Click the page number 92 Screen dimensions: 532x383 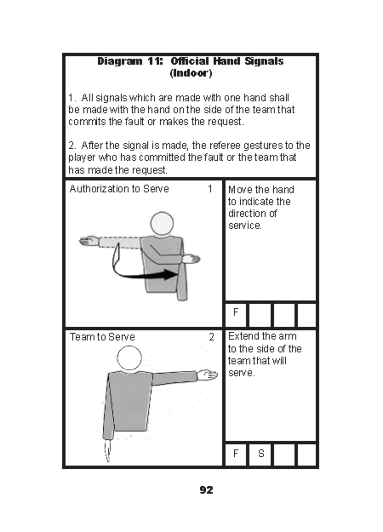206,490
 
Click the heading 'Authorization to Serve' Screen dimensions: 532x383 119,189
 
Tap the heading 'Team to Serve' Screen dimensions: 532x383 102,337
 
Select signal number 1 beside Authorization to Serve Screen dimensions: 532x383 210,189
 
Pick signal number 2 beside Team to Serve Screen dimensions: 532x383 211,337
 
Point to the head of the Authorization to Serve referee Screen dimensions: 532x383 162,223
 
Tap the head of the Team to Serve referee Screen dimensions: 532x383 129,358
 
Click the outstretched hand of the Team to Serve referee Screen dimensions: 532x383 207,375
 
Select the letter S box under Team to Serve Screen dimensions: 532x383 261,453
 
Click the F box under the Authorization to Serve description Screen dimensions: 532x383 236,312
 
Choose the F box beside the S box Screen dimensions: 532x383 236,453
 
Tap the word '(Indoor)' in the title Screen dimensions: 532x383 191,73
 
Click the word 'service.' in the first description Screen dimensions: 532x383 245,226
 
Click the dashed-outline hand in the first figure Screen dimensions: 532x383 89,241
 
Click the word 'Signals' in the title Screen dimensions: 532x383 264,61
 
